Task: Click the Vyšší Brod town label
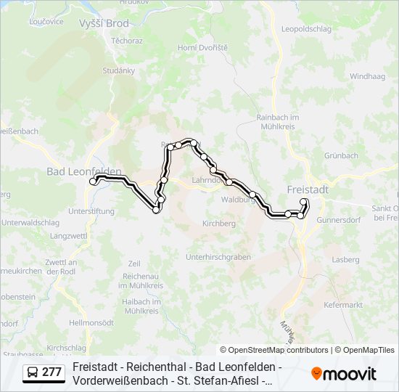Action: [104, 23]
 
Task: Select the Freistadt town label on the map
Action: [308, 189]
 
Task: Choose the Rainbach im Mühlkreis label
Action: [278, 121]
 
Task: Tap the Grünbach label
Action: [341, 155]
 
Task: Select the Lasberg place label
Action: [345, 259]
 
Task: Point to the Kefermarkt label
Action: [343, 305]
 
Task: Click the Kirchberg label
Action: [219, 224]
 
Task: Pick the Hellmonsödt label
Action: [91, 322]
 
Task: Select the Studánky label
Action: [119, 70]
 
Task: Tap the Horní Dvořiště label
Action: [202, 47]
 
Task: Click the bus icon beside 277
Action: [33, 372]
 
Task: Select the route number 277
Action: [52, 372]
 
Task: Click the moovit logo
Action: [344, 373]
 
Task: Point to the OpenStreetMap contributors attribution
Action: [274, 350]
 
